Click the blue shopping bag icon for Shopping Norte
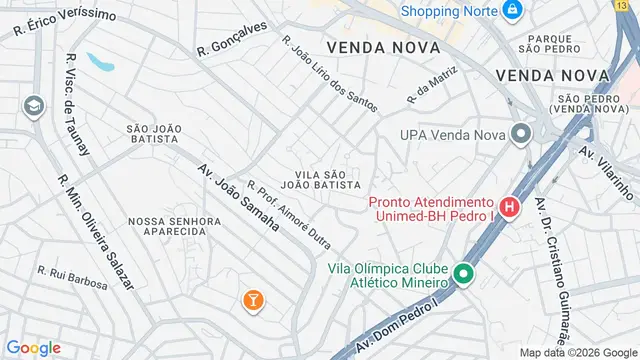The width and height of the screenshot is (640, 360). pyautogui.click(x=512, y=11)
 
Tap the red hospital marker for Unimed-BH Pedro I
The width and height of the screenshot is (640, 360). pyautogui.click(x=510, y=208)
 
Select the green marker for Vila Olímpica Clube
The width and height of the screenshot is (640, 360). pyautogui.click(x=463, y=272)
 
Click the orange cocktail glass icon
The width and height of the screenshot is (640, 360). pyautogui.click(x=254, y=299)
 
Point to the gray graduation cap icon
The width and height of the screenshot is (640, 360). pyautogui.click(x=33, y=106)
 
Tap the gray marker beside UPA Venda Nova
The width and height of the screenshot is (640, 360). pyautogui.click(x=520, y=134)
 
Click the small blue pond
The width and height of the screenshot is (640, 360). pyautogui.click(x=101, y=62)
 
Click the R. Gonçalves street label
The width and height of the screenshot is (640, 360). pyautogui.click(x=233, y=39)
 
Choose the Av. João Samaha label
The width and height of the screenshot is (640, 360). pyautogui.click(x=237, y=198)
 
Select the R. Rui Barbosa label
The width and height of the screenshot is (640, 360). pyautogui.click(x=72, y=277)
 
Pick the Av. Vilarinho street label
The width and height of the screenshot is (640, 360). pyautogui.click(x=608, y=171)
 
